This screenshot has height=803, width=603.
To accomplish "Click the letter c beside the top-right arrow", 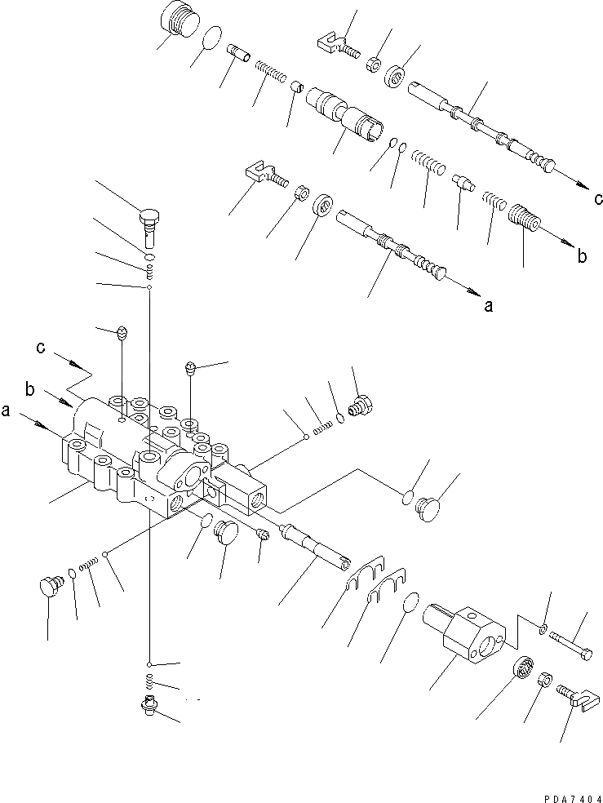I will tap(599, 198).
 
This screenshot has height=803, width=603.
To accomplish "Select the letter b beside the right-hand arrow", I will tap(582, 256).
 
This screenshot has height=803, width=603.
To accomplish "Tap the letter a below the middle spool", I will tap(489, 306).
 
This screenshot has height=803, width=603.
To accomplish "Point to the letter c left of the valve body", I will tap(40, 348).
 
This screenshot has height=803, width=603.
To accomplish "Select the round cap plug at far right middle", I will tap(432, 506).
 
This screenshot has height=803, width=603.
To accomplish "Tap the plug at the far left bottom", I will tap(51, 586).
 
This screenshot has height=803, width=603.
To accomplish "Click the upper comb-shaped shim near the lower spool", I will tap(365, 571).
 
